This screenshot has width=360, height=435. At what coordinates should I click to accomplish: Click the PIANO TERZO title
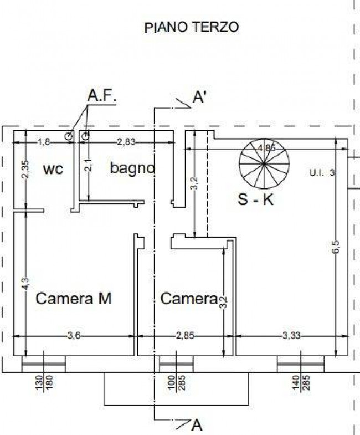192,28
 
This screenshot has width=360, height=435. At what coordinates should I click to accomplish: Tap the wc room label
53,169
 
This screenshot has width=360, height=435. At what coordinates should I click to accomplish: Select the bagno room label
132,168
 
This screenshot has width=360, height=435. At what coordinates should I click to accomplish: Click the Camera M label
74,299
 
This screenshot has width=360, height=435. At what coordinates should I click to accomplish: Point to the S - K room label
255,199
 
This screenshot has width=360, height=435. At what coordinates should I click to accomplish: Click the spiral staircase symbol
264,163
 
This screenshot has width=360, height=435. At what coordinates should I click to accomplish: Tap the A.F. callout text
101,96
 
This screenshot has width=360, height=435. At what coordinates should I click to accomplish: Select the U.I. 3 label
322,173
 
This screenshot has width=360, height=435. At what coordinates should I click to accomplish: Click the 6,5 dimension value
335,247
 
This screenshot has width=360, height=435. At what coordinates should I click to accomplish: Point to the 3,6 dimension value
74,336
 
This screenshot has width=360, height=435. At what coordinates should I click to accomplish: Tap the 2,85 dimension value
185,336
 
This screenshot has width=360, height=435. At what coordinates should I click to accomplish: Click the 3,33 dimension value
291,336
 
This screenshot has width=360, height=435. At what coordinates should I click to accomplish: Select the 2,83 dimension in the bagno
126,142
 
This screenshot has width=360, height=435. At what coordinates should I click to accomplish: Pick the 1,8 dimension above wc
44,142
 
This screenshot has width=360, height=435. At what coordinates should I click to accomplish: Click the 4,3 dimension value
25,284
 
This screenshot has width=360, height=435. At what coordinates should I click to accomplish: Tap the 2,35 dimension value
25,169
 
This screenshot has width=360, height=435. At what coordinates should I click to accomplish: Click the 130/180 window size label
44,382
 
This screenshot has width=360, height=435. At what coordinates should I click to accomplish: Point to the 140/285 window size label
301,382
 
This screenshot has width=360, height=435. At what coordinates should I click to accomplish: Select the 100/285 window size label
176,382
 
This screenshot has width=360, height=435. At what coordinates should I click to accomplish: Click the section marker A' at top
199,98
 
